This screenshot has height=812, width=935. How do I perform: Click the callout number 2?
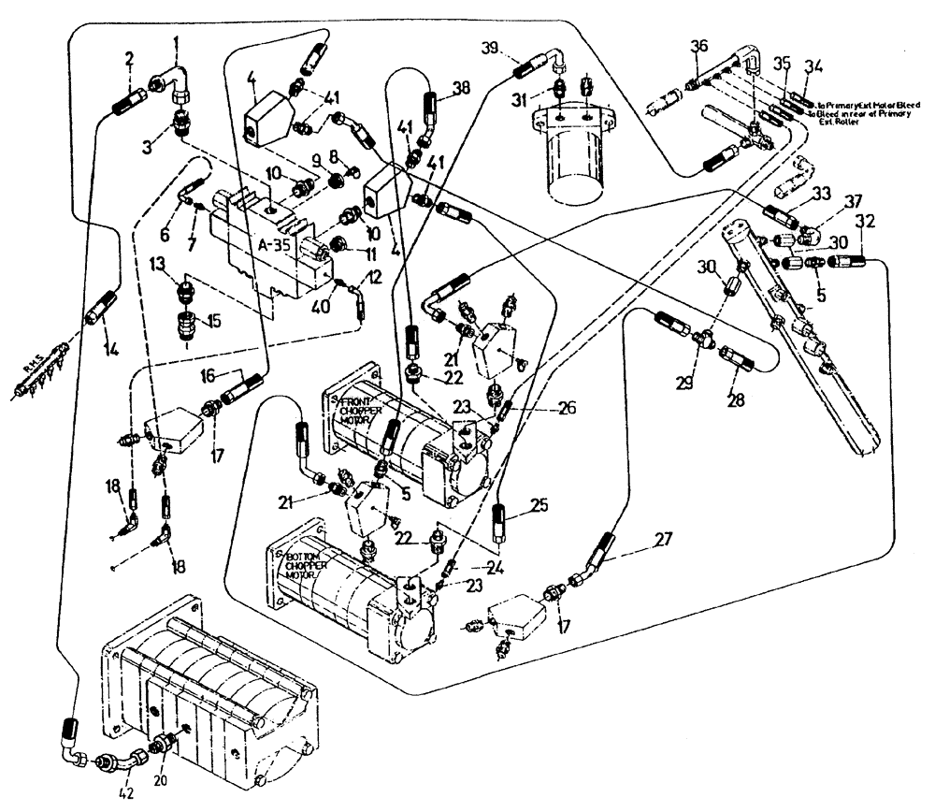(129, 62)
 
